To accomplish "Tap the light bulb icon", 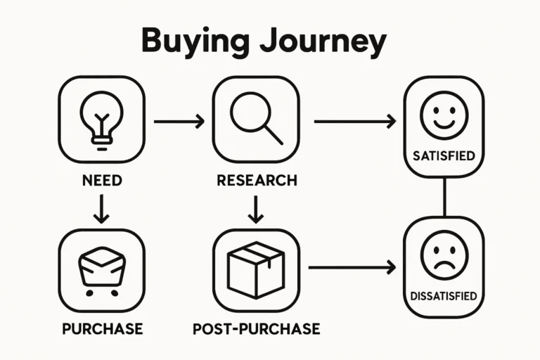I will (x=101, y=119).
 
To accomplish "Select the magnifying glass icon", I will (x=256, y=120).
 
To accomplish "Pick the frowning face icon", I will (x=444, y=255).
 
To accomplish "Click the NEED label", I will (x=101, y=180).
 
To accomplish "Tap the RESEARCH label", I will (x=256, y=180).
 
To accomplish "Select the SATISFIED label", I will (x=444, y=155).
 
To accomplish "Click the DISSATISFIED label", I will (x=444, y=295).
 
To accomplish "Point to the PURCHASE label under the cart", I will (x=102, y=328).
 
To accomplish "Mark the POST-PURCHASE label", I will (x=256, y=328).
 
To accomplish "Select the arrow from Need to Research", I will (x=179, y=122).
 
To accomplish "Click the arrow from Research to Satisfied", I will (x=354, y=122).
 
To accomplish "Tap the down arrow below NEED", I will (x=101, y=208).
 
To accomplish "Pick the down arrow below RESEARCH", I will (x=256, y=208).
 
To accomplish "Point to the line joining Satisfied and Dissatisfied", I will (x=444, y=196).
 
